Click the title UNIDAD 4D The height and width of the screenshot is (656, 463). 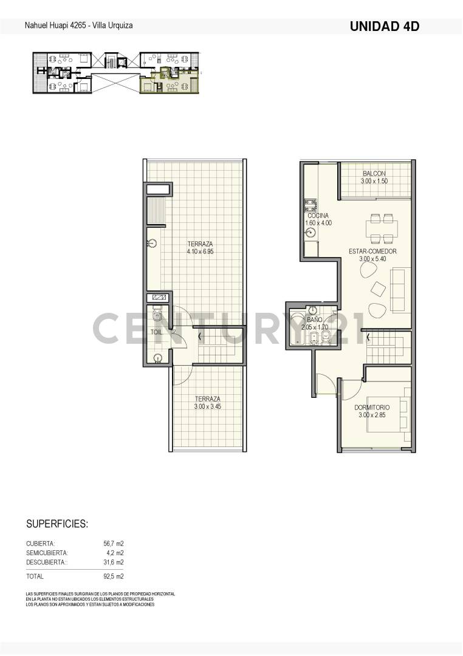[x=385, y=26]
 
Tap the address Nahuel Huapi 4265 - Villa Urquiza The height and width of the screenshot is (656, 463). [x=78, y=26]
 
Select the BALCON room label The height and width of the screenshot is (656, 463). [x=374, y=173]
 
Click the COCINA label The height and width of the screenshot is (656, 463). [x=318, y=216]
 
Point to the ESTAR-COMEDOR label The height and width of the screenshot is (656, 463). [x=372, y=251]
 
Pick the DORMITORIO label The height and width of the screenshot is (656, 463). [x=372, y=407]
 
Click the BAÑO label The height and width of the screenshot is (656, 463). [x=314, y=319]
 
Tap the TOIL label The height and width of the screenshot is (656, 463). [x=156, y=332]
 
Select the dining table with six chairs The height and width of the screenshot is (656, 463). [x=381, y=228]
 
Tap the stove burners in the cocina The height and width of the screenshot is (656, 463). [x=307, y=205]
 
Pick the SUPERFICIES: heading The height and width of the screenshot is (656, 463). [x=57, y=524]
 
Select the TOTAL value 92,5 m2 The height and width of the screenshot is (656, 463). [x=114, y=576]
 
